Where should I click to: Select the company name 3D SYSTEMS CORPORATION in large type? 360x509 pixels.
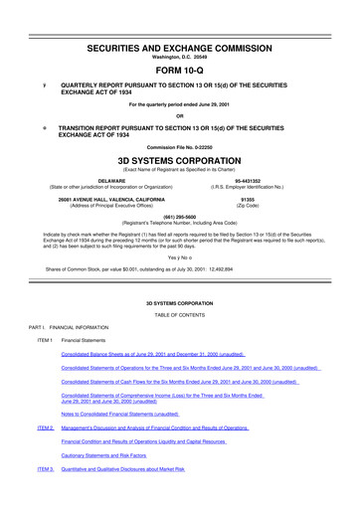coord(180,157)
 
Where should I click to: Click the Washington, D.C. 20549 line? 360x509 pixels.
coord(180,33)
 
